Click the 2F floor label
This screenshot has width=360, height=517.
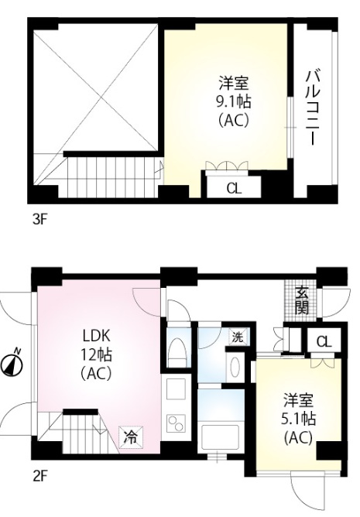click(39, 477)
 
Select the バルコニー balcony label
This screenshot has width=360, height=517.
click(313, 107)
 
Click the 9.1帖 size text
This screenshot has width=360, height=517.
click(233, 102)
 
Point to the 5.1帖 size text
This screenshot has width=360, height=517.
click(299, 419)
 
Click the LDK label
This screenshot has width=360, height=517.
click(96, 336)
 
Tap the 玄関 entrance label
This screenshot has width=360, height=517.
click(302, 301)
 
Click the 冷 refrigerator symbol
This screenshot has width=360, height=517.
click(131, 437)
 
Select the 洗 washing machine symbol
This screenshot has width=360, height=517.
click(238, 337)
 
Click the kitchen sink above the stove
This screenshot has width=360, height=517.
click(176, 390)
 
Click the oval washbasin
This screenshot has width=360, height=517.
click(235, 367)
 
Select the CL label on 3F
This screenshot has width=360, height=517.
click(234, 189)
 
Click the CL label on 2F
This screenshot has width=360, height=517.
click(324, 342)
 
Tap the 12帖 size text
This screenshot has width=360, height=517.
click(96, 355)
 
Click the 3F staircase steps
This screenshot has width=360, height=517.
click(112, 177)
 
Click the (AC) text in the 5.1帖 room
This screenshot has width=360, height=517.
click(298, 437)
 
